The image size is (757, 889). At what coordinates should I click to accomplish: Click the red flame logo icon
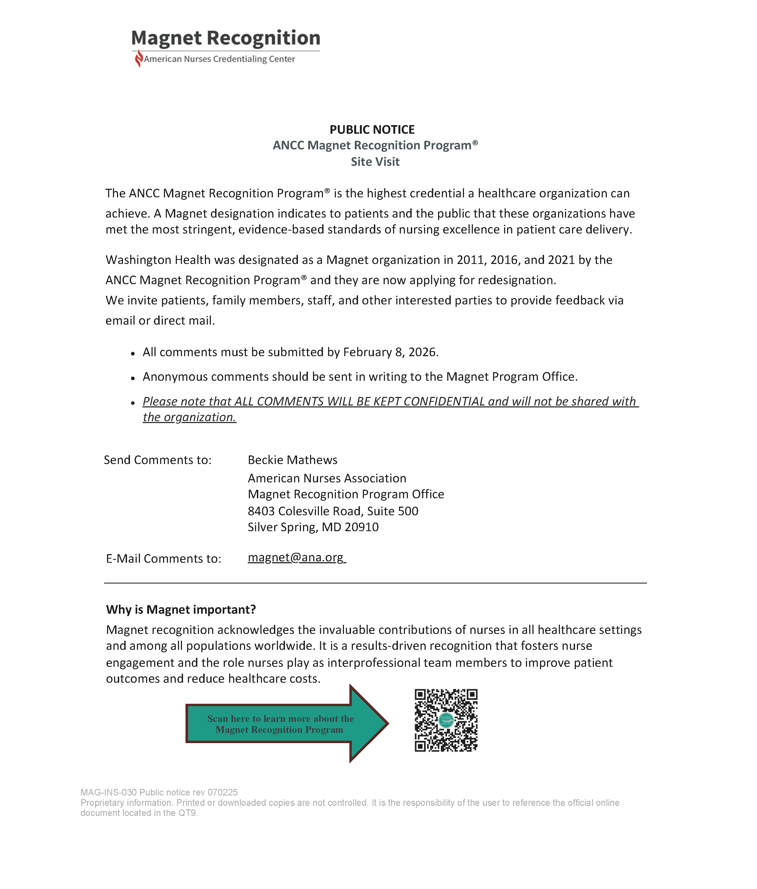coord(138,58)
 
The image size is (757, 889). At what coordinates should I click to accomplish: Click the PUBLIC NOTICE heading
coord(372,130)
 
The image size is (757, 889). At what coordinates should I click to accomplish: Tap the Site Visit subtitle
coord(375,162)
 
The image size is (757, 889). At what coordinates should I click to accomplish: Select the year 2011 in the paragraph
coord(470,260)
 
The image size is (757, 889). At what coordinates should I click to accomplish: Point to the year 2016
coord(504,260)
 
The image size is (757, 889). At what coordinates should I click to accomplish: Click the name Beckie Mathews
coord(293,460)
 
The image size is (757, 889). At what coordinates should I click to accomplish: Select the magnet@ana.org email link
coord(296,557)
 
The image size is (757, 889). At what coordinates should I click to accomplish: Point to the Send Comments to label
coord(157,460)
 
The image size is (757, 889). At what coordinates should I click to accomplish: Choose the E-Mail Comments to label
coord(163,559)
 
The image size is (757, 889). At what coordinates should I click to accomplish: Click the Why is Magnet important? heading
coord(181,610)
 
